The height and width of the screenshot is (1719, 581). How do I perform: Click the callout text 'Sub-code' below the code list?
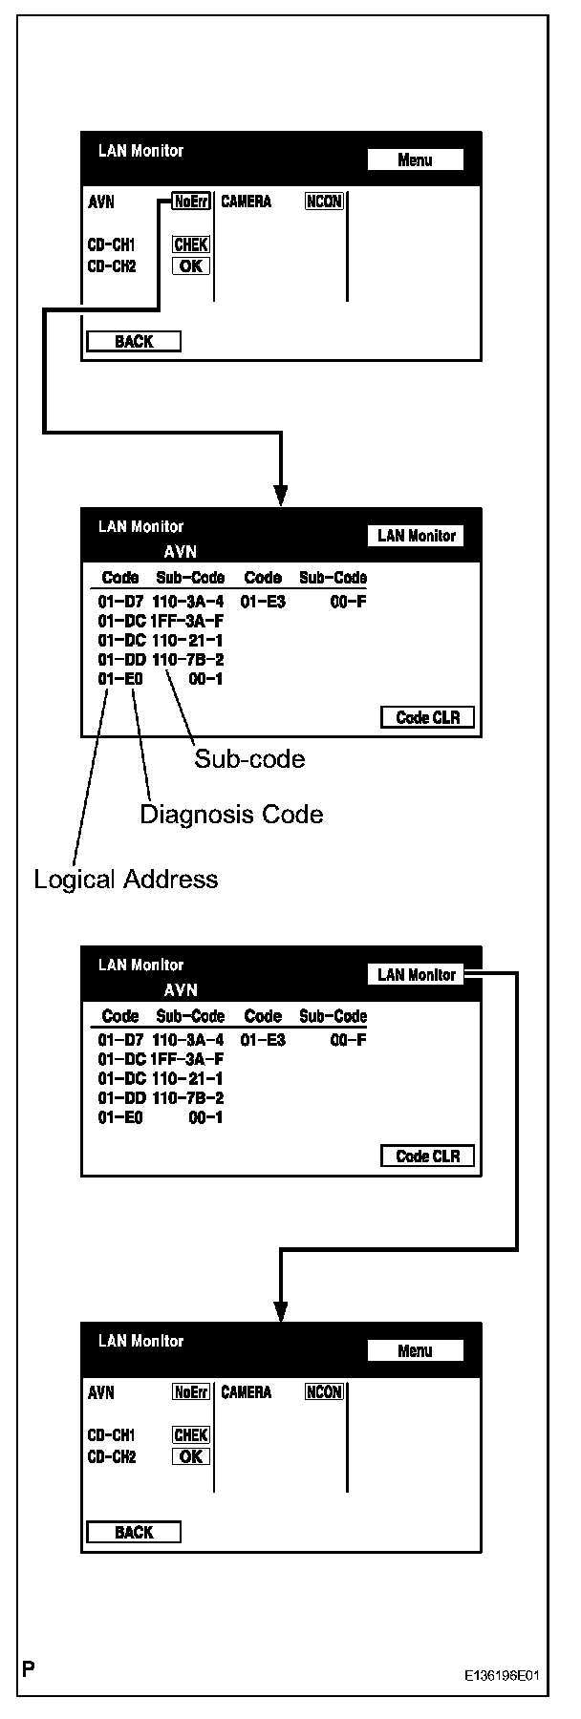pyautogui.click(x=249, y=759)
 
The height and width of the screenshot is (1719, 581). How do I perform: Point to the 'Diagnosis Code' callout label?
pyautogui.click(x=231, y=815)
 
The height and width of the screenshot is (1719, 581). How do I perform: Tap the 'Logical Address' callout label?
pyautogui.click(x=125, y=880)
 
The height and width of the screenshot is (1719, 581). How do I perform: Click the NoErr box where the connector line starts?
pyautogui.click(x=191, y=202)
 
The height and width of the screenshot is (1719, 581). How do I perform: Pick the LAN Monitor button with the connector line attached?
pyautogui.click(x=416, y=975)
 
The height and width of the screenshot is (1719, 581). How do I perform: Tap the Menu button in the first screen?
pyautogui.click(x=415, y=160)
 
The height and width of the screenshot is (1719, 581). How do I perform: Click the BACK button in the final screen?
pyautogui.click(x=133, y=1532)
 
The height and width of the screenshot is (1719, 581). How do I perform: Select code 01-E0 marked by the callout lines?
pyautogui.click(x=120, y=679)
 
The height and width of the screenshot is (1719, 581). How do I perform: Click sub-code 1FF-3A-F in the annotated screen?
pyautogui.click(x=187, y=622)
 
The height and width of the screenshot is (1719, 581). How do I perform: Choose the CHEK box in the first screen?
pyautogui.click(x=191, y=245)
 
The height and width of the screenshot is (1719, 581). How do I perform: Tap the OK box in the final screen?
pyautogui.click(x=191, y=1456)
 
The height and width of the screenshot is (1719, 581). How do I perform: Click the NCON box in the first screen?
pyautogui.click(x=324, y=202)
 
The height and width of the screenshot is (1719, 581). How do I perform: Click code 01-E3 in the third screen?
pyautogui.click(x=263, y=1040)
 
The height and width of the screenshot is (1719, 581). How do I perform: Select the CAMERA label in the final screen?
pyautogui.click(x=246, y=1392)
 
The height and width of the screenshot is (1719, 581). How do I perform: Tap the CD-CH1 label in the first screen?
pyautogui.click(x=112, y=245)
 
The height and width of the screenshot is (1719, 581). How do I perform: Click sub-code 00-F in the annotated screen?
pyautogui.click(x=349, y=603)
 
